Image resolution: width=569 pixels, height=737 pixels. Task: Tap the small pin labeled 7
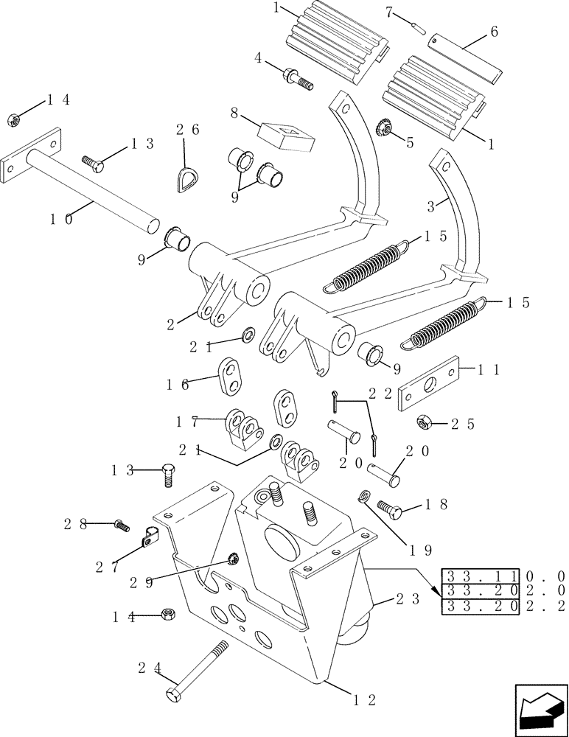pos(417,27)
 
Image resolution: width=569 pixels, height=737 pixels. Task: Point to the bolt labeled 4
pos(296,77)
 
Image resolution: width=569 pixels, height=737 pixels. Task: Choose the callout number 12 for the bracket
pos(366,700)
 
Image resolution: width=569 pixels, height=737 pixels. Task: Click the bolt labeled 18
pos(389,508)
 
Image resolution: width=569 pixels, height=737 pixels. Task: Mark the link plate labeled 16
pos(231,377)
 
